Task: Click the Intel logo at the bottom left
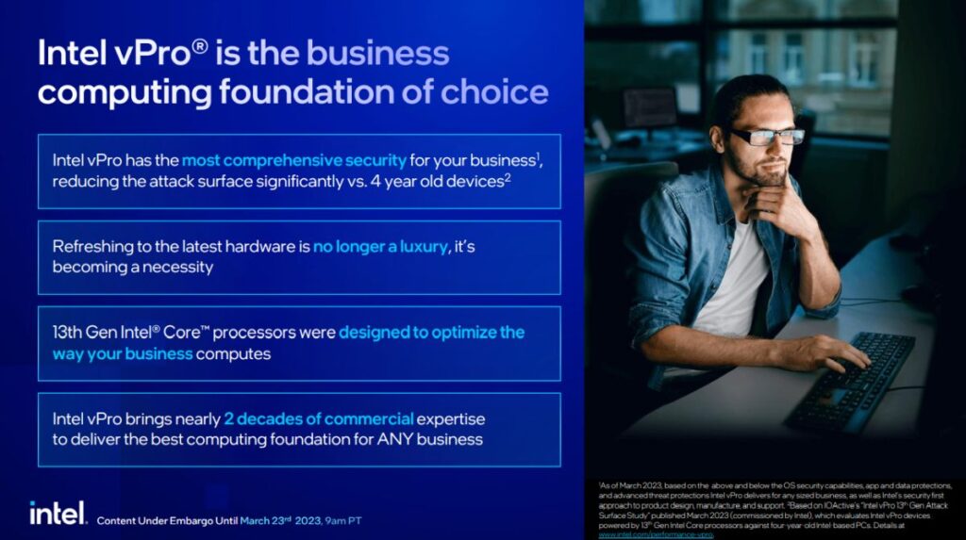click(57, 513)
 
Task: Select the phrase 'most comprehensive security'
click(293, 160)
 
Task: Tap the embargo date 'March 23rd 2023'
click(279, 520)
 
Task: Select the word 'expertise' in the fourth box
click(452, 418)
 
